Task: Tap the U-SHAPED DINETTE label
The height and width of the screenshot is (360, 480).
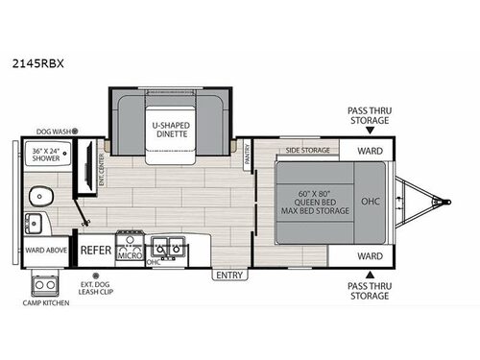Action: pyautogui.click(x=169, y=130)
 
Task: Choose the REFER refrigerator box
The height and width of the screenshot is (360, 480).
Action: pyautogui.click(x=95, y=250)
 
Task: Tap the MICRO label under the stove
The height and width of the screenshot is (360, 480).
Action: pyautogui.click(x=130, y=255)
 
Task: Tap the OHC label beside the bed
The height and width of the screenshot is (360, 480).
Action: pyautogui.click(x=371, y=203)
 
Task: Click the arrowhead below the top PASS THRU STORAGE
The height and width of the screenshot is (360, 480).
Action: pyautogui.click(x=369, y=133)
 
